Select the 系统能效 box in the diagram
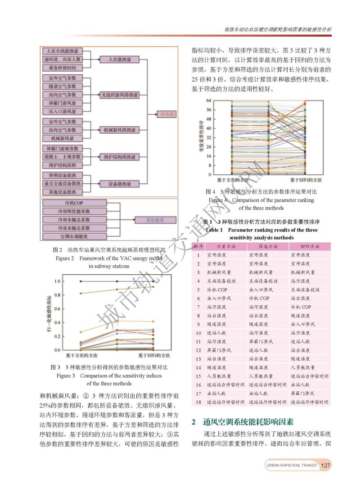(154, 220)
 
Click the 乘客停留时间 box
(63, 68)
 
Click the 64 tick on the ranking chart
(208, 100)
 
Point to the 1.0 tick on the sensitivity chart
(57, 281)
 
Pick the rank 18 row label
(198, 402)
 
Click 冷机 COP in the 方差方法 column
(219, 290)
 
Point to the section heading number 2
(193, 422)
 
